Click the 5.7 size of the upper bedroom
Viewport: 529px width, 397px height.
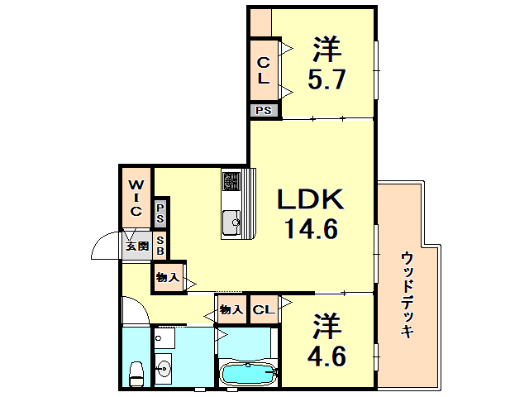click(x=328, y=81)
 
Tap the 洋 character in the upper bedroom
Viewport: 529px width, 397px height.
click(x=328, y=50)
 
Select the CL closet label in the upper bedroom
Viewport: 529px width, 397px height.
click(x=262, y=70)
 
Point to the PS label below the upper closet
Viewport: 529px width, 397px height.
click(x=263, y=110)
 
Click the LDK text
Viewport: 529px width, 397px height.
click(x=308, y=199)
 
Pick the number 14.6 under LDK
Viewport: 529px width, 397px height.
click(x=308, y=229)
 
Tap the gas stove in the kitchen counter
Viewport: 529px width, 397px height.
click(x=231, y=180)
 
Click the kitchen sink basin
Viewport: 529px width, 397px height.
click(x=230, y=221)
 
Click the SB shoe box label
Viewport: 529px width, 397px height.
click(x=161, y=245)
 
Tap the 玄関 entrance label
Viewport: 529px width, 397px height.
click(x=136, y=246)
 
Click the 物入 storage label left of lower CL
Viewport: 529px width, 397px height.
click(x=231, y=310)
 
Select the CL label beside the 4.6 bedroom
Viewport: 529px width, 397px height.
click(x=264, y=310)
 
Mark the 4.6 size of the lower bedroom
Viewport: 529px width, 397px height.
click(x=328, y=357)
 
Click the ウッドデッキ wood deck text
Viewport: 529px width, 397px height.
click(x=407, y=294)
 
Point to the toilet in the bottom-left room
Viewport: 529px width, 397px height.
click(x=136, y=370)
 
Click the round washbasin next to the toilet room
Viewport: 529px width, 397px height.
click(x=163, y=368)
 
